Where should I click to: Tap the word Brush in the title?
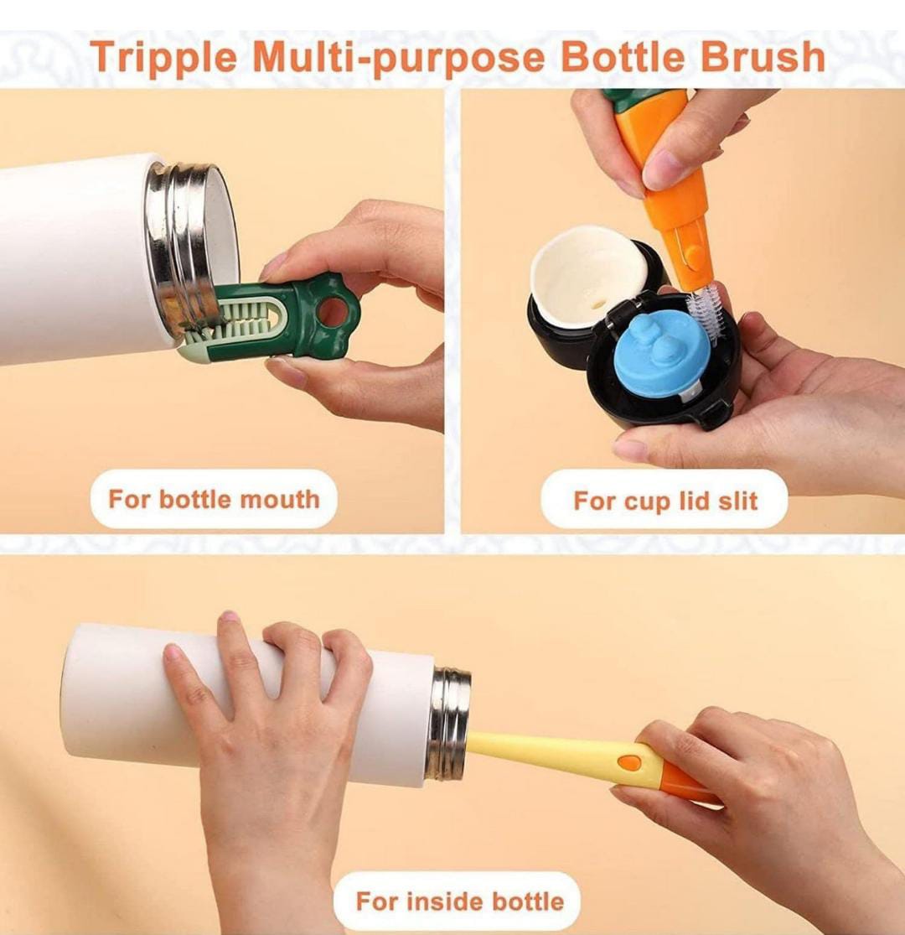tap(762, 57)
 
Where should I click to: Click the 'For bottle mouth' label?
tap(214, 499)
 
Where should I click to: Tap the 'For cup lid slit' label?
tap(665, 501)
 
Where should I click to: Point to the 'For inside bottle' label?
tap(459, 901)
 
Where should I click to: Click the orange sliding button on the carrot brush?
tap(693, 255)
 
